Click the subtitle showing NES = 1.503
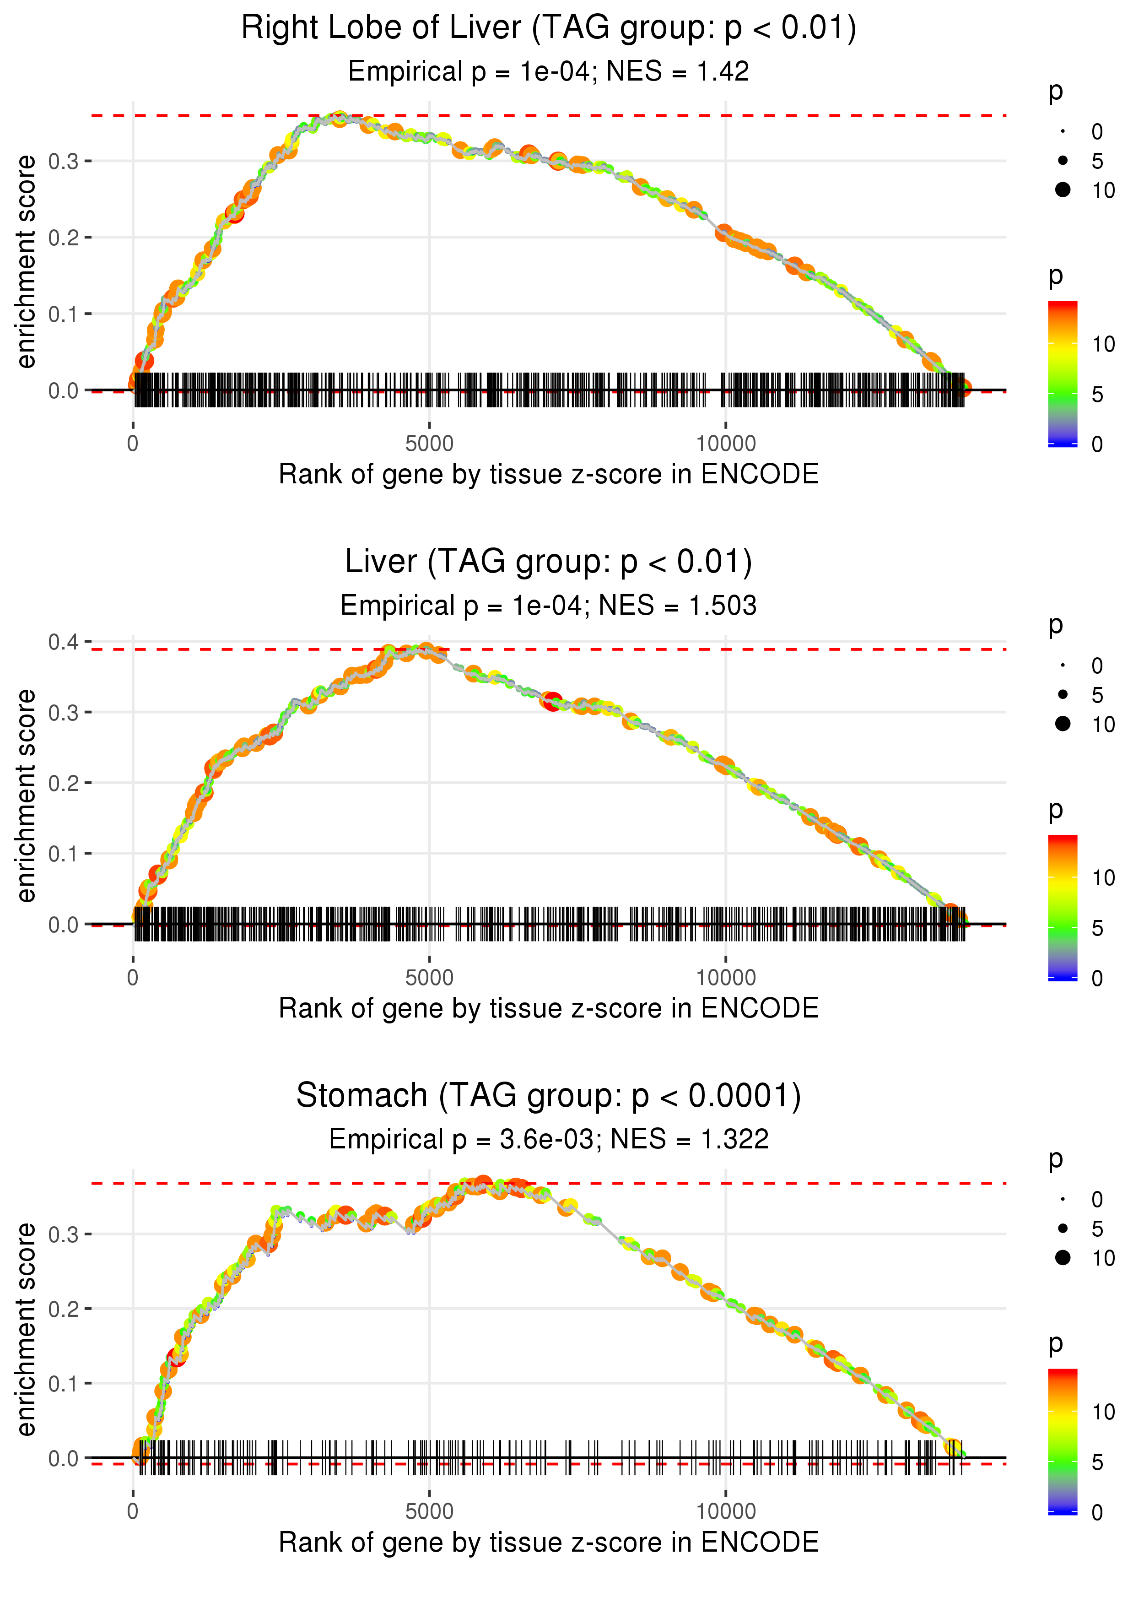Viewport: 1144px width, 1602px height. (x=548, y=606)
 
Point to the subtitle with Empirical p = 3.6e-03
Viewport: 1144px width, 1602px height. (x=548, y=1139)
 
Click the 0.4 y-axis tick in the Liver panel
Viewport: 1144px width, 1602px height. (x=64, y=642)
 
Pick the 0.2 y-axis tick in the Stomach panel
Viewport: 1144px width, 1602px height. (x=64, y=1309)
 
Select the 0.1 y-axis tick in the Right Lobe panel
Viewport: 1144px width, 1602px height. (x=64, y=314)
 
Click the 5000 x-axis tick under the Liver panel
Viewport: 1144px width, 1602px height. (x=429, y=978)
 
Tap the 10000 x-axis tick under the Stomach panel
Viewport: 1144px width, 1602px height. (x=726, y=1512)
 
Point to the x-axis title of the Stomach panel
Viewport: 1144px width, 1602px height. (x=548, y=1543)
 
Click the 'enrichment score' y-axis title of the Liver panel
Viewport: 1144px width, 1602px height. (x=26, y=796)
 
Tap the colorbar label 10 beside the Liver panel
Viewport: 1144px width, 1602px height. (x=1103, y=878)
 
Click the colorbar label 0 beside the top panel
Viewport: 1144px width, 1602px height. (x=1097, y=444)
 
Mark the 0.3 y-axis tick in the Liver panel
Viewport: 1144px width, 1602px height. (x=64, y=712)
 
